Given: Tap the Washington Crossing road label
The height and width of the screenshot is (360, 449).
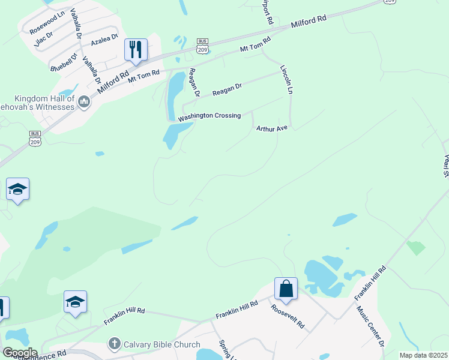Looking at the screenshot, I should click(209, 116).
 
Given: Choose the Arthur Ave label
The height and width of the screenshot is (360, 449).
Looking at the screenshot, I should click(273, 128).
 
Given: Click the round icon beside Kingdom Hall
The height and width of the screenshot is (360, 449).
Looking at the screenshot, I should click(84, 103).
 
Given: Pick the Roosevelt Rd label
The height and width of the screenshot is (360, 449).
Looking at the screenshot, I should click(288, 318).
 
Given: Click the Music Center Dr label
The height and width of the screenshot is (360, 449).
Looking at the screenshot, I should click(370, 327).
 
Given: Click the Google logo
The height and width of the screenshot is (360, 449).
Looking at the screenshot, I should click(19, 353).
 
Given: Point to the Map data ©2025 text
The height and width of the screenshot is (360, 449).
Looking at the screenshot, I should click(423, 355).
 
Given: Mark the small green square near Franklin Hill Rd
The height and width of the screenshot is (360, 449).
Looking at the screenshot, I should click(415, 247).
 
